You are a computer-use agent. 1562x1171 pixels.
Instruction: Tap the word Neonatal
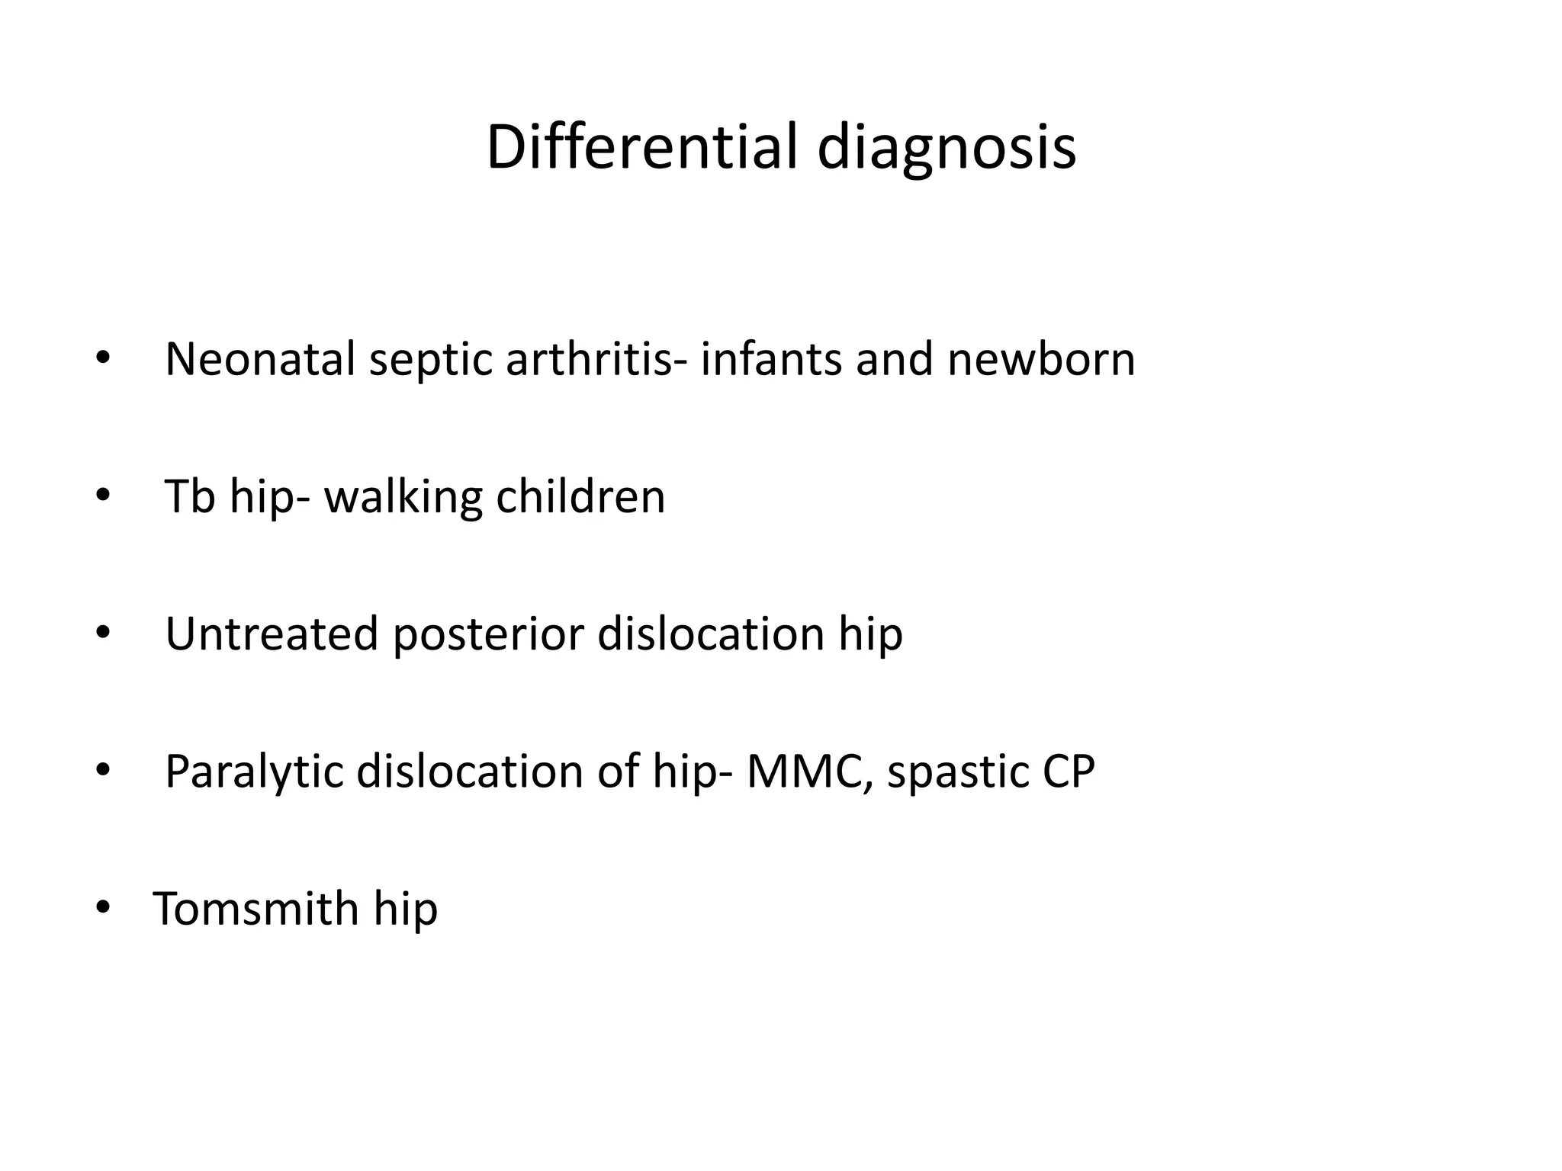coord(260,359)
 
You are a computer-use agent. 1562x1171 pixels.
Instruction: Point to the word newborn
coord(1041,359)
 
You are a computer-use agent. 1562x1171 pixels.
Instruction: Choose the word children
coord(580,496)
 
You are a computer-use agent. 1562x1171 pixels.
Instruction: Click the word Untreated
coord(272,634)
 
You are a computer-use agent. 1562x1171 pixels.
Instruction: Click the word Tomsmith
coord(256,908)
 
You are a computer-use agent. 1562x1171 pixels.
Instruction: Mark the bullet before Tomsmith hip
coord(103,908)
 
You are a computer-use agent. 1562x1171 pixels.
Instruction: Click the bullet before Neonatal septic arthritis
coord(103,359)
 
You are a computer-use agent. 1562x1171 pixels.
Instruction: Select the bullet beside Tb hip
coord(103,496)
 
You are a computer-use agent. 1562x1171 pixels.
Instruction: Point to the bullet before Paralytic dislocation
coord(103,771)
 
